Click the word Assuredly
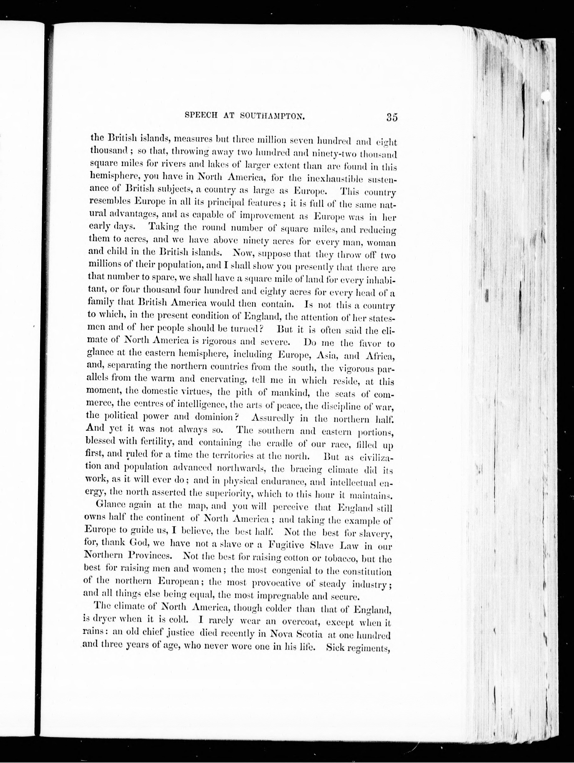tap(273, 418)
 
